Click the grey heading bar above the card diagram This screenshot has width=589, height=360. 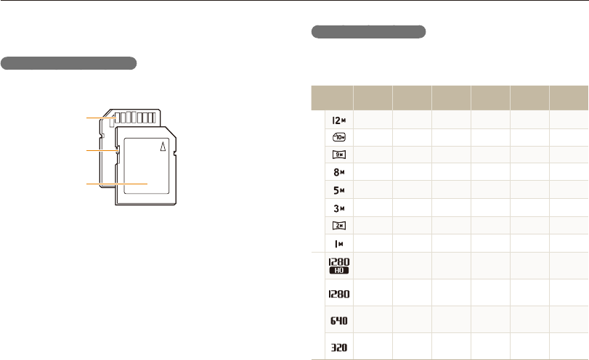[x=69, y=63]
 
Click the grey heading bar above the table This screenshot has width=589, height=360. [x=368, y=32]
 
